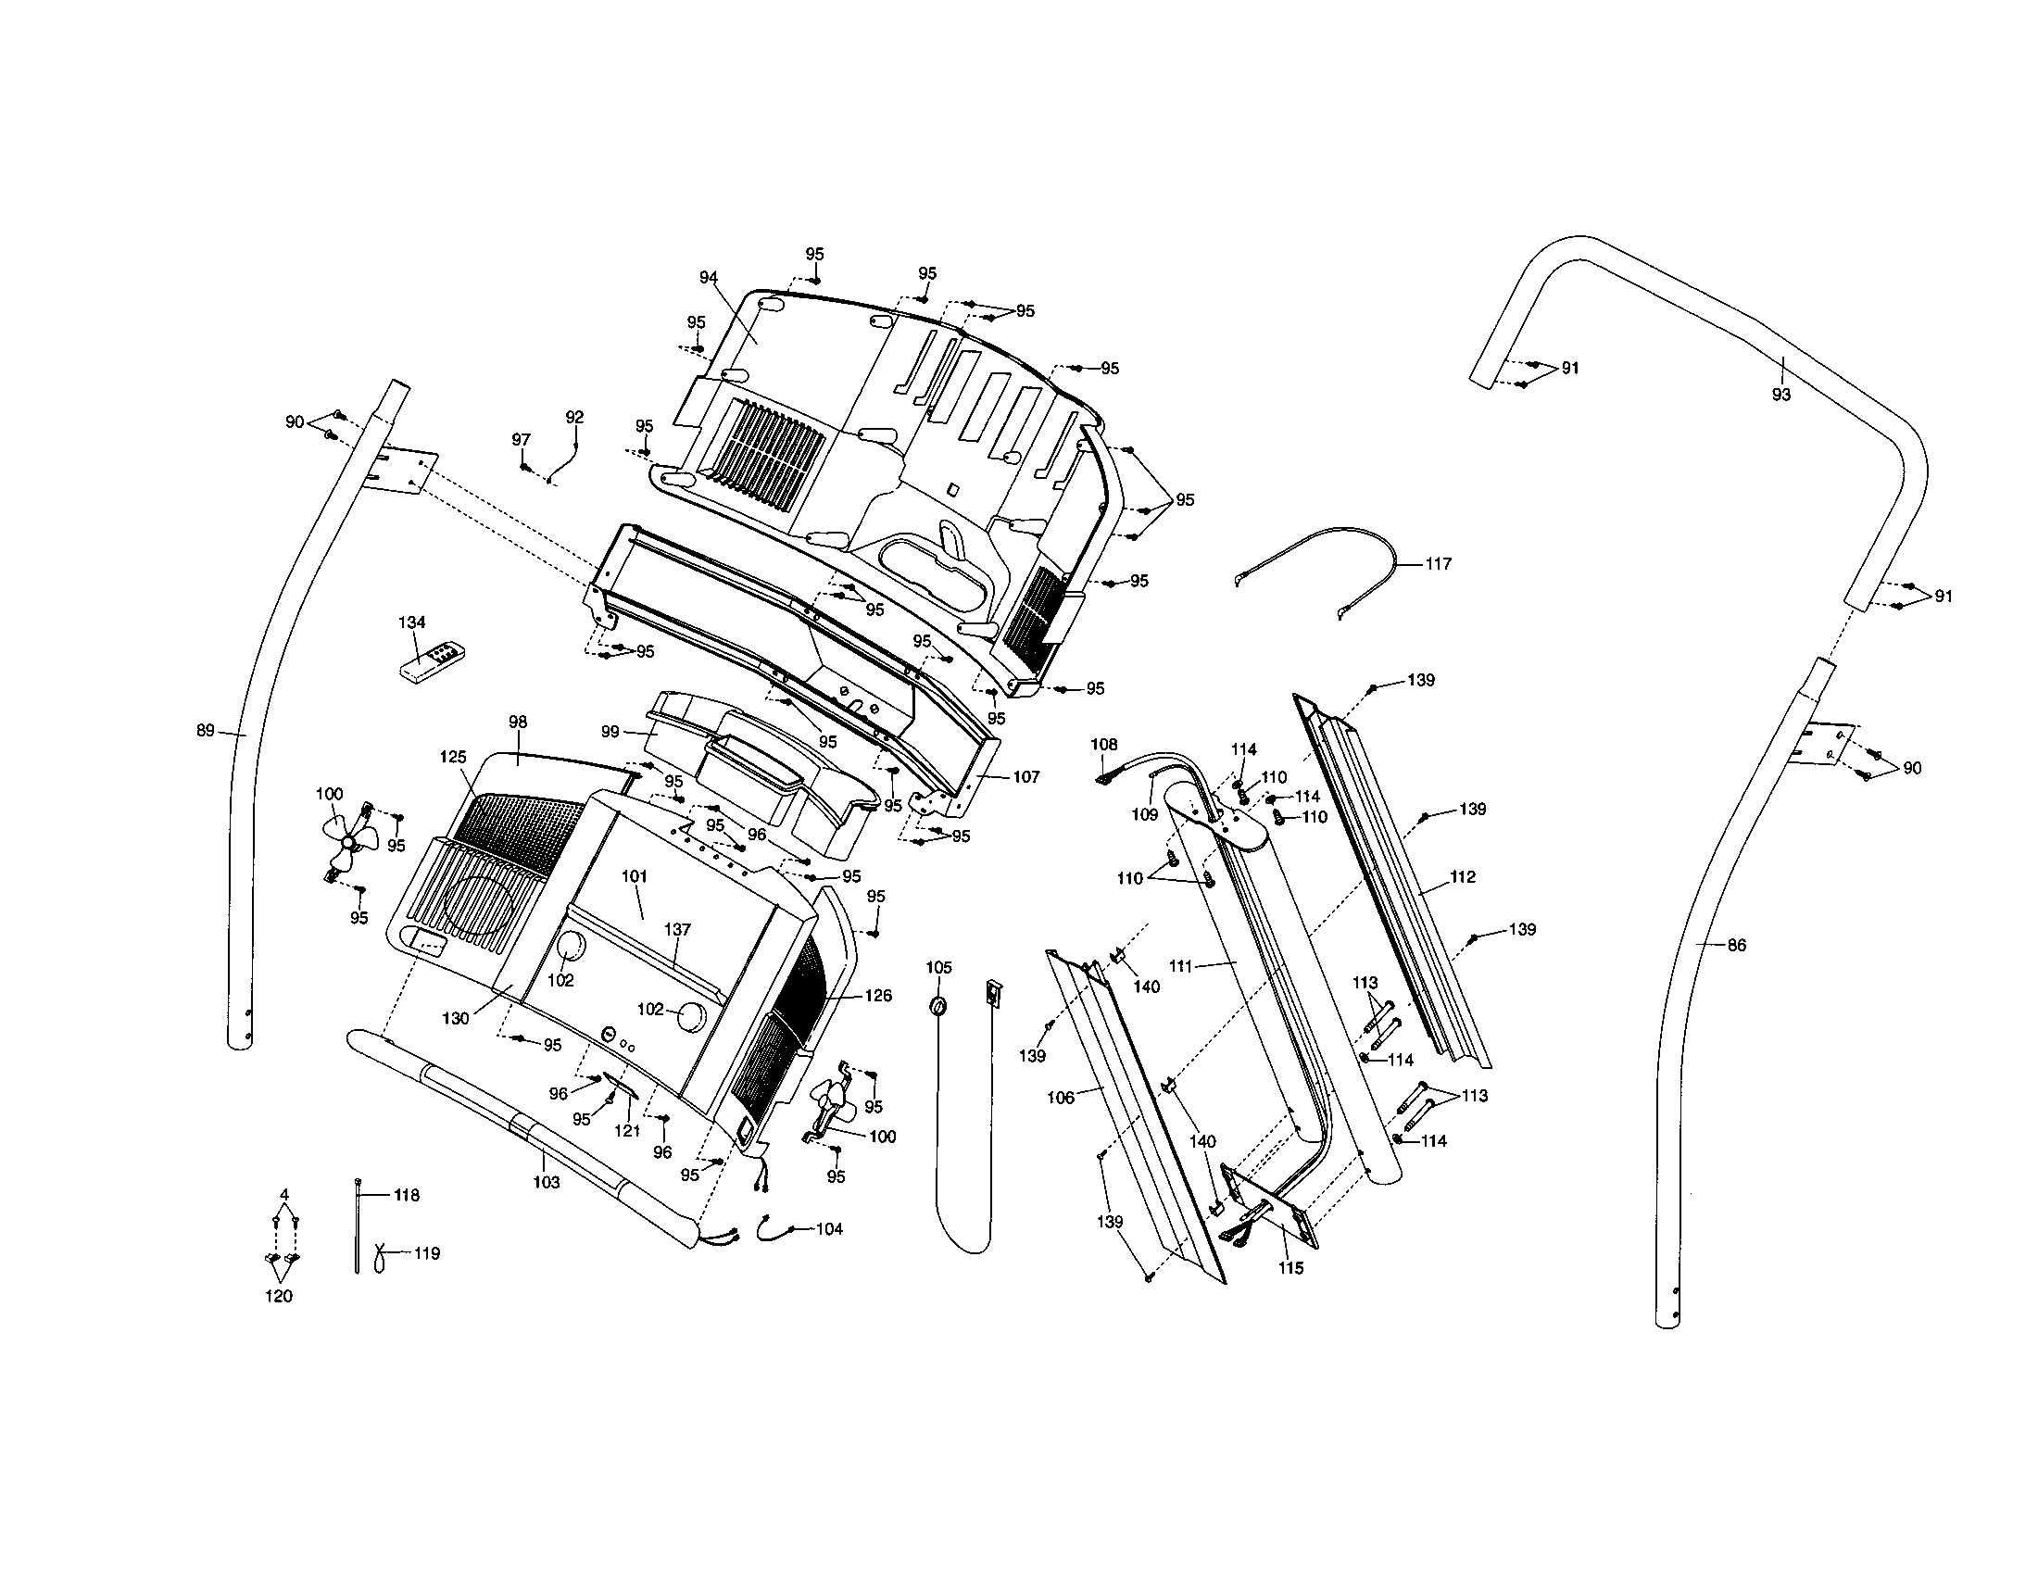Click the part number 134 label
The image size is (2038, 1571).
(x=411, y=622)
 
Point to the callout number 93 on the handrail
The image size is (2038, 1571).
(x=1781, y=395)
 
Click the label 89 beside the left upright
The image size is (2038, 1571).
(x=206, y=731)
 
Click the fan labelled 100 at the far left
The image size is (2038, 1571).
(x=350, y=841)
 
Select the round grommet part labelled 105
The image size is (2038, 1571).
(x=938, y=1008)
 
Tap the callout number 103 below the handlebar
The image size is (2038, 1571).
(x=546, y=1183)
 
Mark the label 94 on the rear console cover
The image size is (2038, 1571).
(x=709, y=277)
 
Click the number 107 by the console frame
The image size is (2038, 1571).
(x=1026, y=777)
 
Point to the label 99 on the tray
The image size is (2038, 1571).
(x=610, y=733)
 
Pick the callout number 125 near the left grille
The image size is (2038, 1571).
(x=453, y=758)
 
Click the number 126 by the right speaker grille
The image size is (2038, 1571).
(x=878, y=996)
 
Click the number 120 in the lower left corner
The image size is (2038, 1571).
(x=278, y=1296)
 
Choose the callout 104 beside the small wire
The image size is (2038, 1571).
(x=829, y=1228)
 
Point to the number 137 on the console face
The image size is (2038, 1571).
(x=677, y=929)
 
